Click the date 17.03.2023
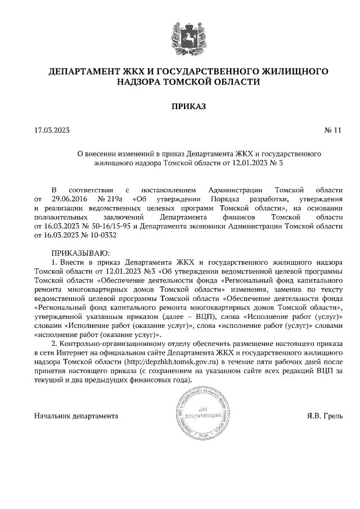click(x=51, y=130)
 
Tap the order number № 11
click(x=333, y=130)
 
